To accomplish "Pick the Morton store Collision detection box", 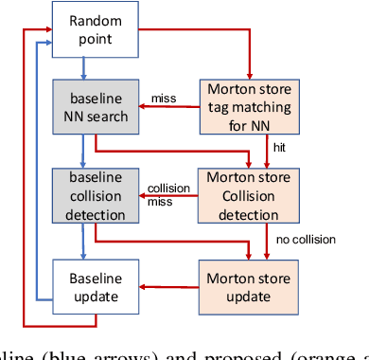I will pyautogui.click(x=250, y=195).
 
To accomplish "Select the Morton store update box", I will pyautogui.click(x=250, y=288).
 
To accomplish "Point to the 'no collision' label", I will pyautogui.click(x=305, y=239).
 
